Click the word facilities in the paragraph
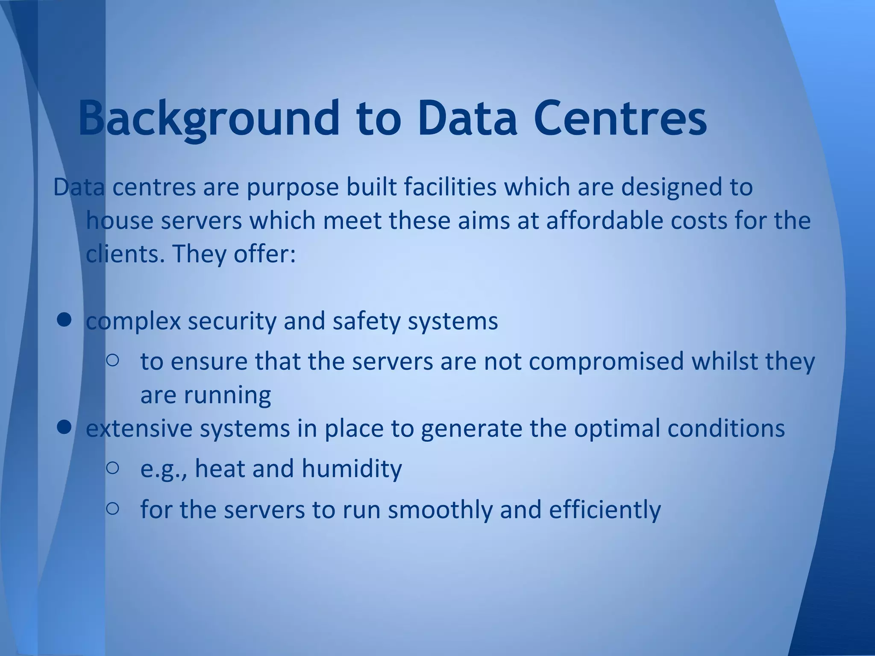pos(450,187)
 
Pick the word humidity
pos(352,469)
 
